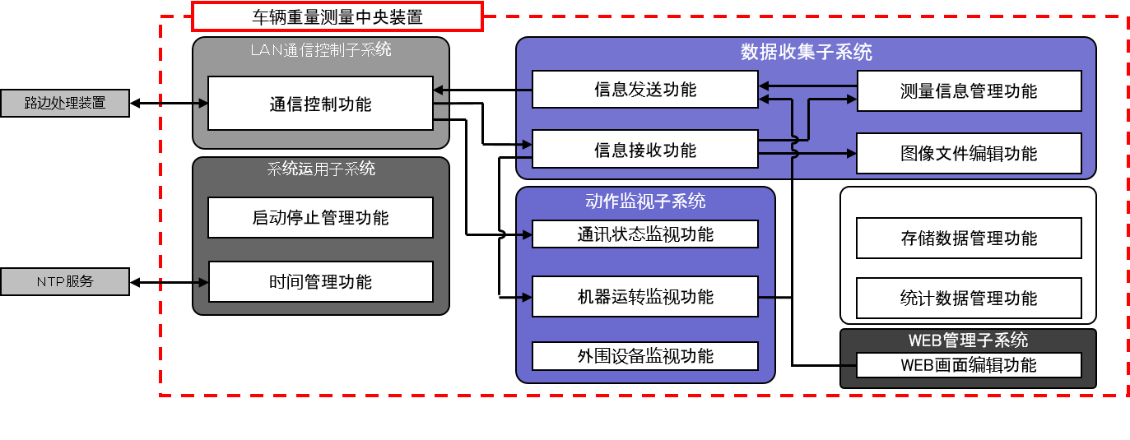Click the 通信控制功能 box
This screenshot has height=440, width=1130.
click(320, 104)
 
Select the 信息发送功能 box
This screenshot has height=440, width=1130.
click(644, 89)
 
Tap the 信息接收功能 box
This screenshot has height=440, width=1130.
click(644, 150)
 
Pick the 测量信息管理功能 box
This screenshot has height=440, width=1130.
click(969, 91)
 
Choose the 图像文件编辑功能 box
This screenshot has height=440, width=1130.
click(969, 154)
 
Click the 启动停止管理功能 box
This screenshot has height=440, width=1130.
click(320, 218)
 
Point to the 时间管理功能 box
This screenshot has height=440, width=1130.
click(320, 282)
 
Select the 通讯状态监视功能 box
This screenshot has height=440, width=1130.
click(644, 234)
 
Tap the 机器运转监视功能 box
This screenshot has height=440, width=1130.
click(644, 297)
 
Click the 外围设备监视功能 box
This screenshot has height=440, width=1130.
click(644, 356)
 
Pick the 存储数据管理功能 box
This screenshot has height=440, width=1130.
click(969, 239)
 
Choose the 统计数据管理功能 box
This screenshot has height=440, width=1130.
click(969, 298)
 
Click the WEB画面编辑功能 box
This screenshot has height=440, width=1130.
click(969, 365)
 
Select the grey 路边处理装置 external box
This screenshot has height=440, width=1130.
click(64, 104)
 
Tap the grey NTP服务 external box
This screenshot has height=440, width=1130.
click(64, 282)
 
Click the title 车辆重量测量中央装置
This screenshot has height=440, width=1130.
click(337, 16)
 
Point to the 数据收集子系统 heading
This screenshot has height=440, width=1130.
click(806, 53)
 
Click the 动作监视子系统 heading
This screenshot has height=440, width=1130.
click(645, 201)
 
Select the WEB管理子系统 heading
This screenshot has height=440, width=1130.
click(968, 340)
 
